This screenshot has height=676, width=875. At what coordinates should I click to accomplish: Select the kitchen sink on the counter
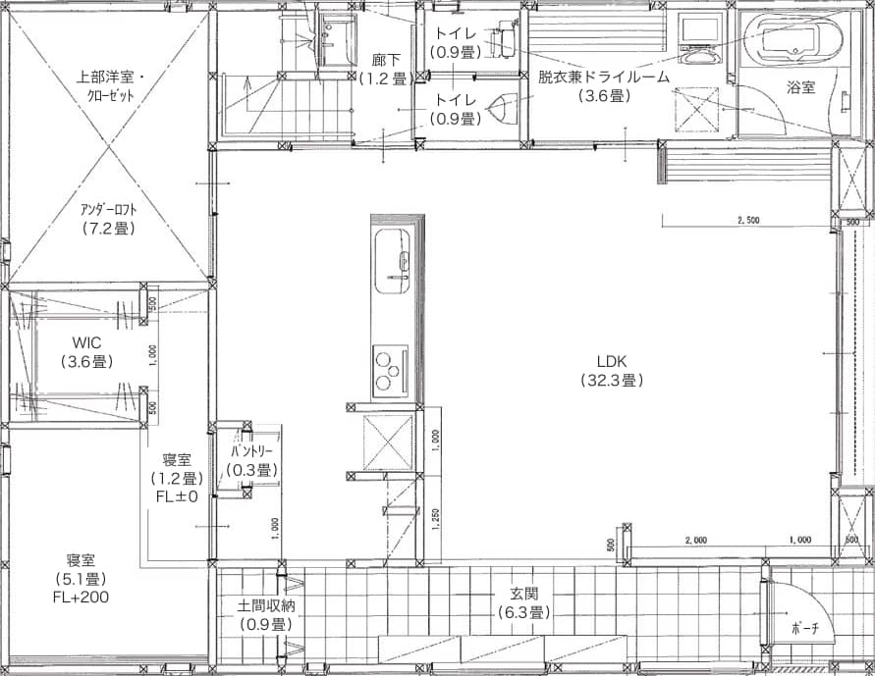click(392, 262)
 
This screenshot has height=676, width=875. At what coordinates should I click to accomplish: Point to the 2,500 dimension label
click(748, 220)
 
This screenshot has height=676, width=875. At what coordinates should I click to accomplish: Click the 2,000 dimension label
click(695, 540)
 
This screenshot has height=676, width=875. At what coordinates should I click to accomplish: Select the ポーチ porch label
click(805, 629)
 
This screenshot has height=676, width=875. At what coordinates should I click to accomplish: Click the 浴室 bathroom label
click(800, 87)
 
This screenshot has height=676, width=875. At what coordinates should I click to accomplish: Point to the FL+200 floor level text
click(81, 597)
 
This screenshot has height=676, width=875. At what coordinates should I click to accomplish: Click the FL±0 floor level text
click(177, 496)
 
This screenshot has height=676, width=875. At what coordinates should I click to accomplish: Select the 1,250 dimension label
click(435, 519)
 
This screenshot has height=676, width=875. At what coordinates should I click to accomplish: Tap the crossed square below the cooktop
click(388, 443)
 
